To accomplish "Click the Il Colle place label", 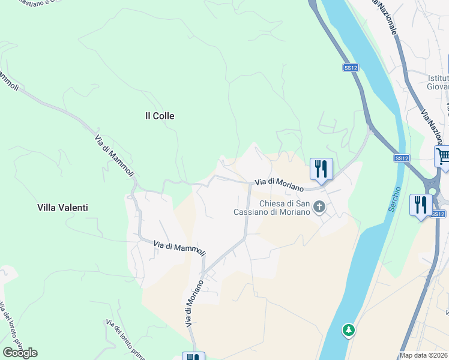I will coord(160,116).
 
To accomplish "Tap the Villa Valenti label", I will coord(62,208).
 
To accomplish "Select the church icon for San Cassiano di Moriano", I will coord(319,208).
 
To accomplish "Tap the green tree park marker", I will coord(348,329).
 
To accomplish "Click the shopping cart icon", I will coord(443,157).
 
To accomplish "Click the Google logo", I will coord(20,352).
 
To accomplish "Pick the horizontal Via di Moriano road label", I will coord(279,184).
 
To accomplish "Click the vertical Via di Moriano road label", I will coord(191,304).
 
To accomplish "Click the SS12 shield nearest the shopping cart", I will coord(402,158).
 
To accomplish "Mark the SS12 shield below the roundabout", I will coord(438,214).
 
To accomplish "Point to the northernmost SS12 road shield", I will coord(351,68).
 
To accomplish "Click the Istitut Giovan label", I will coord(439,82).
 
